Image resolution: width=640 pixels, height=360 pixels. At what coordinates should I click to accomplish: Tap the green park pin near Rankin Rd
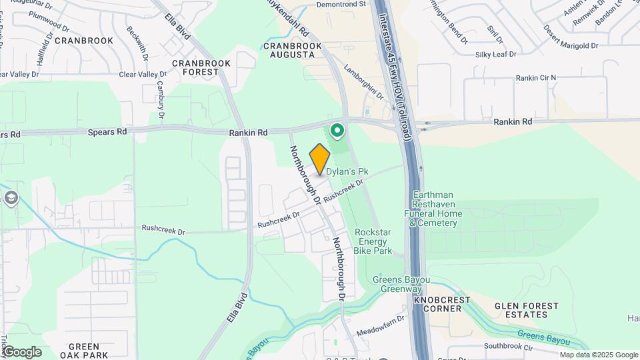[337, 130]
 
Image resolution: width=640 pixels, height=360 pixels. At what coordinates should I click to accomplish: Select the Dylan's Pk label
[347, 171]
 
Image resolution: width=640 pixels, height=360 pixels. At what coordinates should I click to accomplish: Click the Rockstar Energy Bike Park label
[373, 242]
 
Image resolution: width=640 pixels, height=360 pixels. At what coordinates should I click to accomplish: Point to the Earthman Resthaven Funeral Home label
[433, 209]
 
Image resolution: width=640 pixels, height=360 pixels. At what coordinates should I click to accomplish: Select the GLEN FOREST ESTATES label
[527, 310]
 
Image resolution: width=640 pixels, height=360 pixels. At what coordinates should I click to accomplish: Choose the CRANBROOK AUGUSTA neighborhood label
[293, 50]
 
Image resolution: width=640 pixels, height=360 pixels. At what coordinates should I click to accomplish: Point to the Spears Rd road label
[107, 132]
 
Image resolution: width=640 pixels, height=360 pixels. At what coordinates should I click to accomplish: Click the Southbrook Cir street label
[509, 347]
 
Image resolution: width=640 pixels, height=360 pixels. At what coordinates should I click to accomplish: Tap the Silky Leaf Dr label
[495, 55]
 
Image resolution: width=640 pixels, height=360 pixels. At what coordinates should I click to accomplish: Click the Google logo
[21, 351]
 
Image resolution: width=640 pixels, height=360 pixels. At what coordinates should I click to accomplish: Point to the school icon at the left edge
[11, 197]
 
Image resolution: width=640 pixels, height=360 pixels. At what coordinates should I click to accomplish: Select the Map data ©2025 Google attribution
[598, 355]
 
